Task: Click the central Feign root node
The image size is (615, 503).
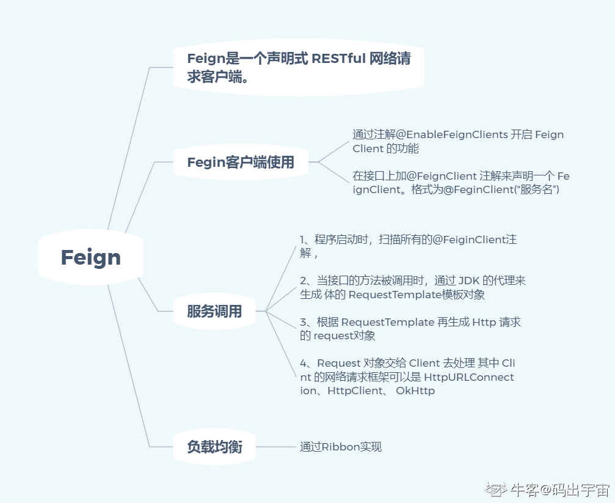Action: click(x=90, y=257)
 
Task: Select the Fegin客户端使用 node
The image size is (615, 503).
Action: click(x=241, y=162)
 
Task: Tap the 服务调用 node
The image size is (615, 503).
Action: click(x=214, y=312)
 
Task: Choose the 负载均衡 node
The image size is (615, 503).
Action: click(x=214, y=447)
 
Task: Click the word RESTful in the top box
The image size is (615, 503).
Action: click(x=339, y=59)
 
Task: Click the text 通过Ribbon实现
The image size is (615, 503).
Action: click(x=341, y=447)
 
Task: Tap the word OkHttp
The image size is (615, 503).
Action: click(x=415, y=391)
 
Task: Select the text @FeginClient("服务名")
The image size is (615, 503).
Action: click(x=501, y=189)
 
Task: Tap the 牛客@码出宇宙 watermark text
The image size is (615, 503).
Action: click(x=559, y=489)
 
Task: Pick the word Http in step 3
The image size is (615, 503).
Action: click(x=484, y=322)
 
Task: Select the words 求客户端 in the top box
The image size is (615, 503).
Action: click(x=211, y=78)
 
